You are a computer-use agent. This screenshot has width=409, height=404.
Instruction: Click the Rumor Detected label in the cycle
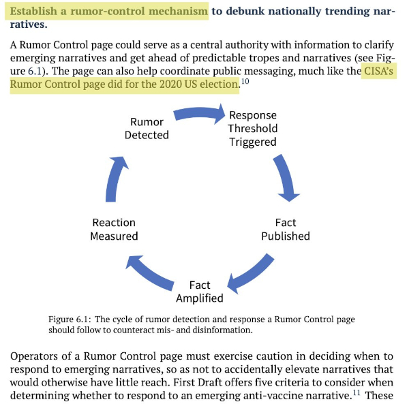coord(147,129)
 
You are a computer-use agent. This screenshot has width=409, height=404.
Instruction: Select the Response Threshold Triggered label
coord(253,129)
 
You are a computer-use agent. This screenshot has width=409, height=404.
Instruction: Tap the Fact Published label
coord(286,230)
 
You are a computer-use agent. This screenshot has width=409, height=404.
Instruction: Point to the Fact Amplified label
coord(200,292)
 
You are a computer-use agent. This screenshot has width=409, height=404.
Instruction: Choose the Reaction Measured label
coord(114,230)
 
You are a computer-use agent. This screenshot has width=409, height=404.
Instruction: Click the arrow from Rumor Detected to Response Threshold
coord(200,113)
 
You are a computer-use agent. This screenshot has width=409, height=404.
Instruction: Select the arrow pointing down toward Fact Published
coord(286,177)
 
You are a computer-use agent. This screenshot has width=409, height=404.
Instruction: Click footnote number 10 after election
coord(245,81)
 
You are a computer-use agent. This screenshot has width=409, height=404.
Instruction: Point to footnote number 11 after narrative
coord(357,392)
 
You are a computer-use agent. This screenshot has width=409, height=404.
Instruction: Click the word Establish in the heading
coord(33,11)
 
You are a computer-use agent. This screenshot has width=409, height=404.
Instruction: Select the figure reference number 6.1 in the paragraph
coord(35,71)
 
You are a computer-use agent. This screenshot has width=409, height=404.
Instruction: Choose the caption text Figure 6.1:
coord(70,320)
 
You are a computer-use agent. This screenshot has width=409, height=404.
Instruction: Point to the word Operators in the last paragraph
coord(34,356)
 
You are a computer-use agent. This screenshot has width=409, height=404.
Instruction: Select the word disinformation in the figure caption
coord(222,330)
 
